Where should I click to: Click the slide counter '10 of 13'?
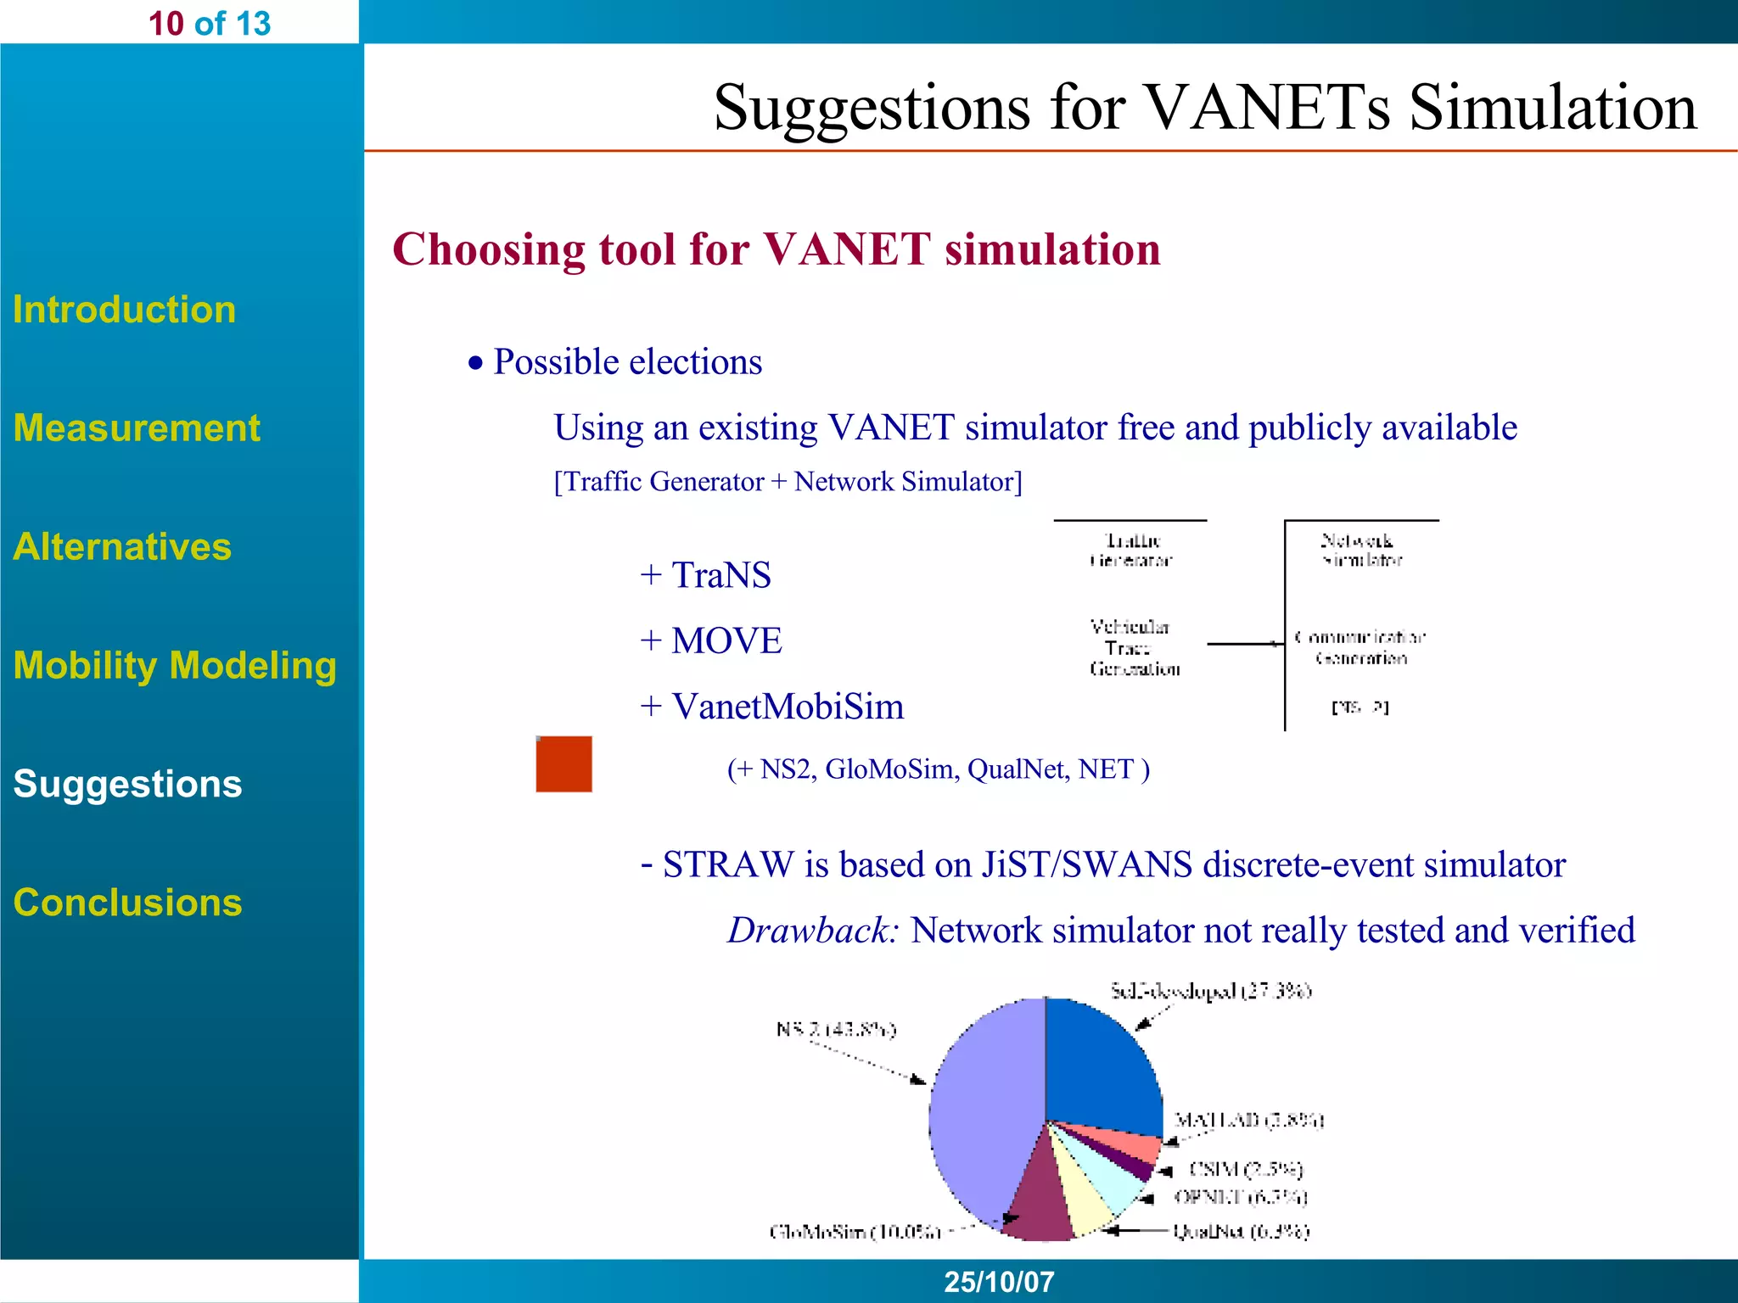209,23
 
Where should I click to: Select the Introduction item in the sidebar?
124,310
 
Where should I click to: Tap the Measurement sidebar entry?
137,428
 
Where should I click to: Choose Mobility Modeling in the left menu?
175,665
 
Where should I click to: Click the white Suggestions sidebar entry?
127,784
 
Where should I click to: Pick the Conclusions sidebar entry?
127,903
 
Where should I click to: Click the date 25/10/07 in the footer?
999,1281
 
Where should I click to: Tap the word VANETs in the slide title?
1268,108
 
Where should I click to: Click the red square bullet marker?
563,763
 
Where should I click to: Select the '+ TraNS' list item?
705,575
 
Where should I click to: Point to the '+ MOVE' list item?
710,640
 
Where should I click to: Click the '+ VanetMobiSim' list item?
771,707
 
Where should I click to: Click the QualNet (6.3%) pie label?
1241,1231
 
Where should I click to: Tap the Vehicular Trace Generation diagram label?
1133,648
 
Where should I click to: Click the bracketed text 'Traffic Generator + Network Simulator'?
788,482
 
